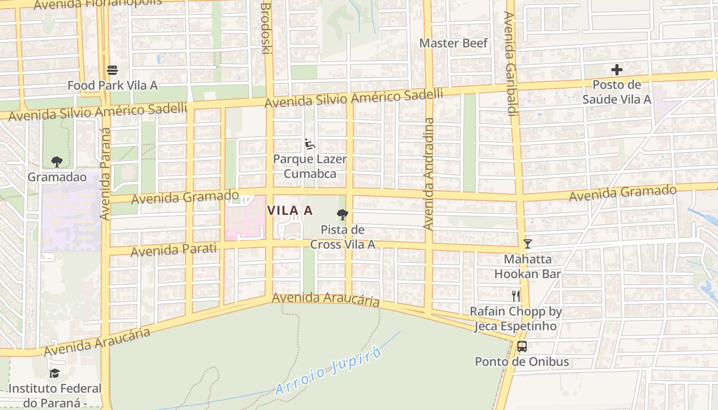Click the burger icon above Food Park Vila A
click(x=112, y=70)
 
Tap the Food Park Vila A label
click(x=112, y=86)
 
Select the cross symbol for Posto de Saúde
click(x=616, y=70)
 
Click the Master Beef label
click(x=454, y=43)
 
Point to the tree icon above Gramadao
click(x=56, y=162)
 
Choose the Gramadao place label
click(x=57, y=177)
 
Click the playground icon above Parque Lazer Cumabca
click(x=309, y=145)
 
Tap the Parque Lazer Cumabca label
click(x=310, y=167)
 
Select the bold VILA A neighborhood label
click(x=290, y=211)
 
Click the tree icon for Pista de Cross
click(x=342, y=215)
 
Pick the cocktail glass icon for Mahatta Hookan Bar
click(x=527, y=244)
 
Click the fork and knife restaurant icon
click(x=516, y=296)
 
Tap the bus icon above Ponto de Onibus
click(x=522, y=346)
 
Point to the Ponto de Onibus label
click(x=522, y=362)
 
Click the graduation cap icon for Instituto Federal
click(x=54, y=373)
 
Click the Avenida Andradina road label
click(x=429, y=174)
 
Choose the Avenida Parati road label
click(x=173, y=251)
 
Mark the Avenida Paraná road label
click(x=105, y=174)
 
